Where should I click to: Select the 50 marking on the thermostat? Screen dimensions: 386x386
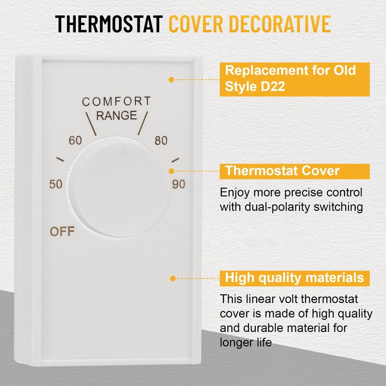(56, 184)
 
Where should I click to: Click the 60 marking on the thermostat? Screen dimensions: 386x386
(75, 141)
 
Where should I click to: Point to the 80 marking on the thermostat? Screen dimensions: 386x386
(161, 141)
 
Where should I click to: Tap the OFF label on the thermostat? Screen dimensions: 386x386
(62, 232)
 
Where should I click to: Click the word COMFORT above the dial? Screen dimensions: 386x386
(116, 101)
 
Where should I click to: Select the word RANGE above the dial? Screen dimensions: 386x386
(116, 116)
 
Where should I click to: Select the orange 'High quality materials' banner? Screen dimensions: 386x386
(294, 278)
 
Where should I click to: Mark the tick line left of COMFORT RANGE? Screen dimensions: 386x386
(91, 124)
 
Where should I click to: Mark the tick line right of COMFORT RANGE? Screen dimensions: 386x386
(141, 124)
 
